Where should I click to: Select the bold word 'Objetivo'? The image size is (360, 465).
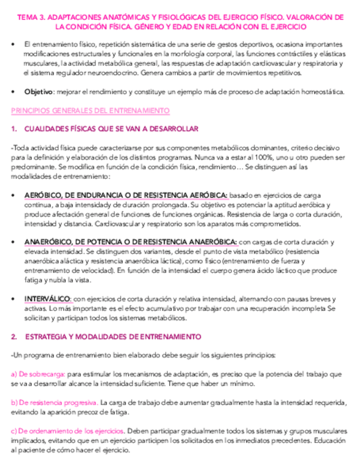[38, 92]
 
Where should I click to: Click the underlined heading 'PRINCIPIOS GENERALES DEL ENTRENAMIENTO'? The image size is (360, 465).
[90, 110]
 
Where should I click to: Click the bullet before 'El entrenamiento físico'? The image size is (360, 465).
[13, 43]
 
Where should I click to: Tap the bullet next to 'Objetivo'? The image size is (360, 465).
[13, 92]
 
